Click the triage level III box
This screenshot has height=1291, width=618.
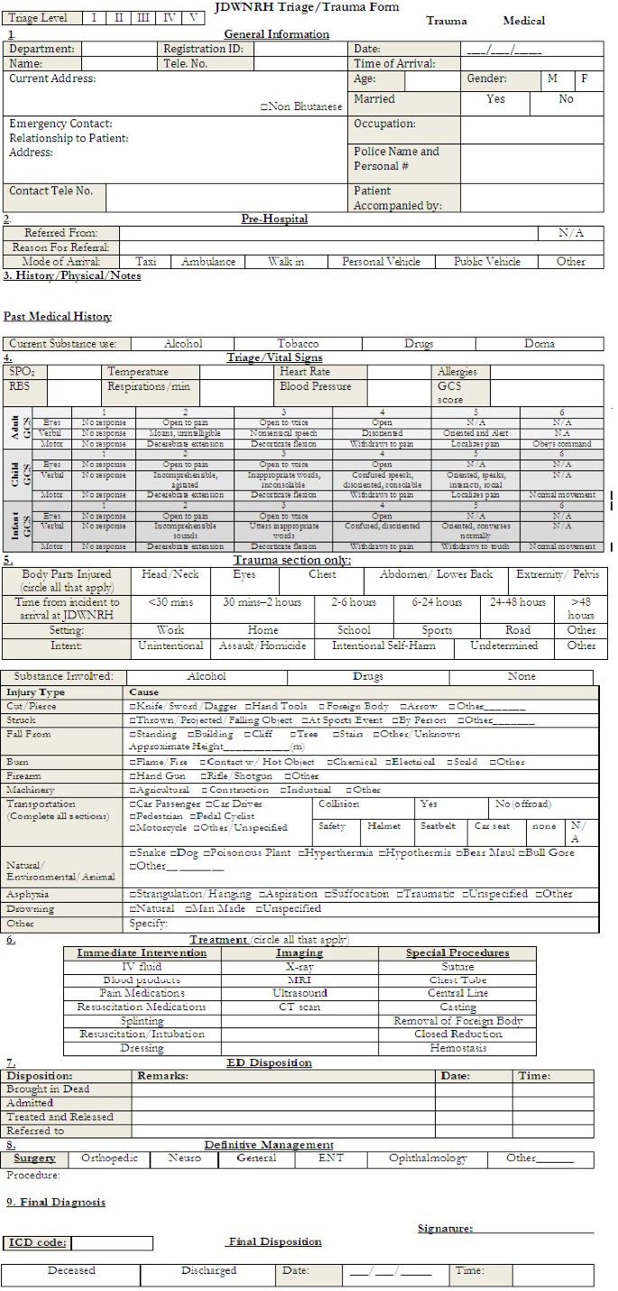point(143,18)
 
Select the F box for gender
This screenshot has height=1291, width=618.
point(585,79)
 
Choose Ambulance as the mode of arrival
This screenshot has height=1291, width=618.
point(208,262)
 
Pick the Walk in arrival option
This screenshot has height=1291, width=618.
point(286,262)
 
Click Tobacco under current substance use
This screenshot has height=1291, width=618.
point(298,344)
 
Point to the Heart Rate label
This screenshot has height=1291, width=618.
point(306,372)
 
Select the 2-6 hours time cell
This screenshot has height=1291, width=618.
point(353,602)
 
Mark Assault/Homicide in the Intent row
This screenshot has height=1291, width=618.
point(263,646)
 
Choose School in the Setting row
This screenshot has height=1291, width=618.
point(354,630)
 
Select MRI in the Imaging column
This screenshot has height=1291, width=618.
point(299,980)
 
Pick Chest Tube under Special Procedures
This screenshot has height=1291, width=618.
point(457,980)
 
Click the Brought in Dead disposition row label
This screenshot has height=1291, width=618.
point(48,1090)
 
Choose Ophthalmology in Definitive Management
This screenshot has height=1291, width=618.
point(428,1158)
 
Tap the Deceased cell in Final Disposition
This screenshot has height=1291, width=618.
point(71,1271)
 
